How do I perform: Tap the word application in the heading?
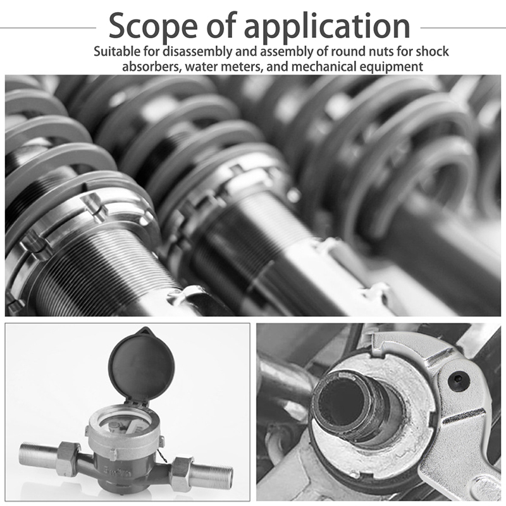[327, 27]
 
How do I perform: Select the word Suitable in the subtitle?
[117, 52]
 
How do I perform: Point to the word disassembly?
[197, 52]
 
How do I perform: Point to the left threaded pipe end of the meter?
[38, 454]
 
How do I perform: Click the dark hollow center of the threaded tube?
[342, 400]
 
